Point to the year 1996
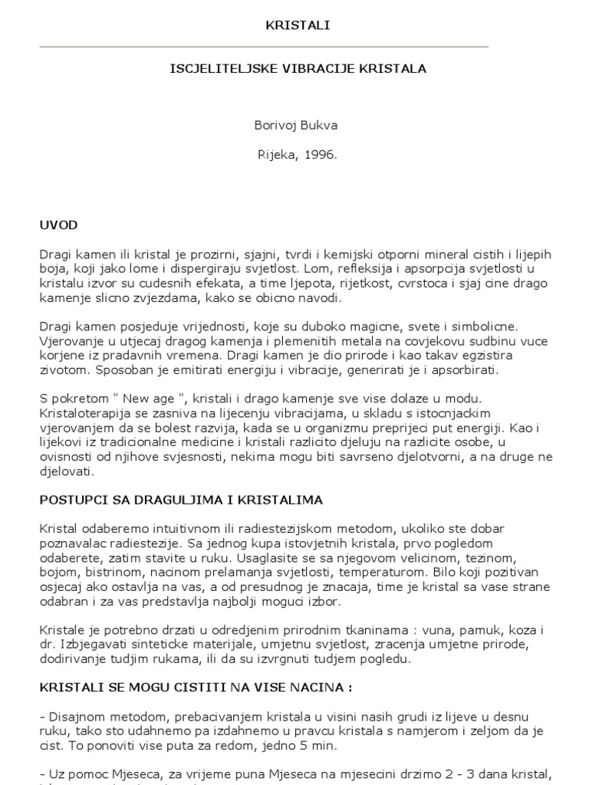tap(320, 154)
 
